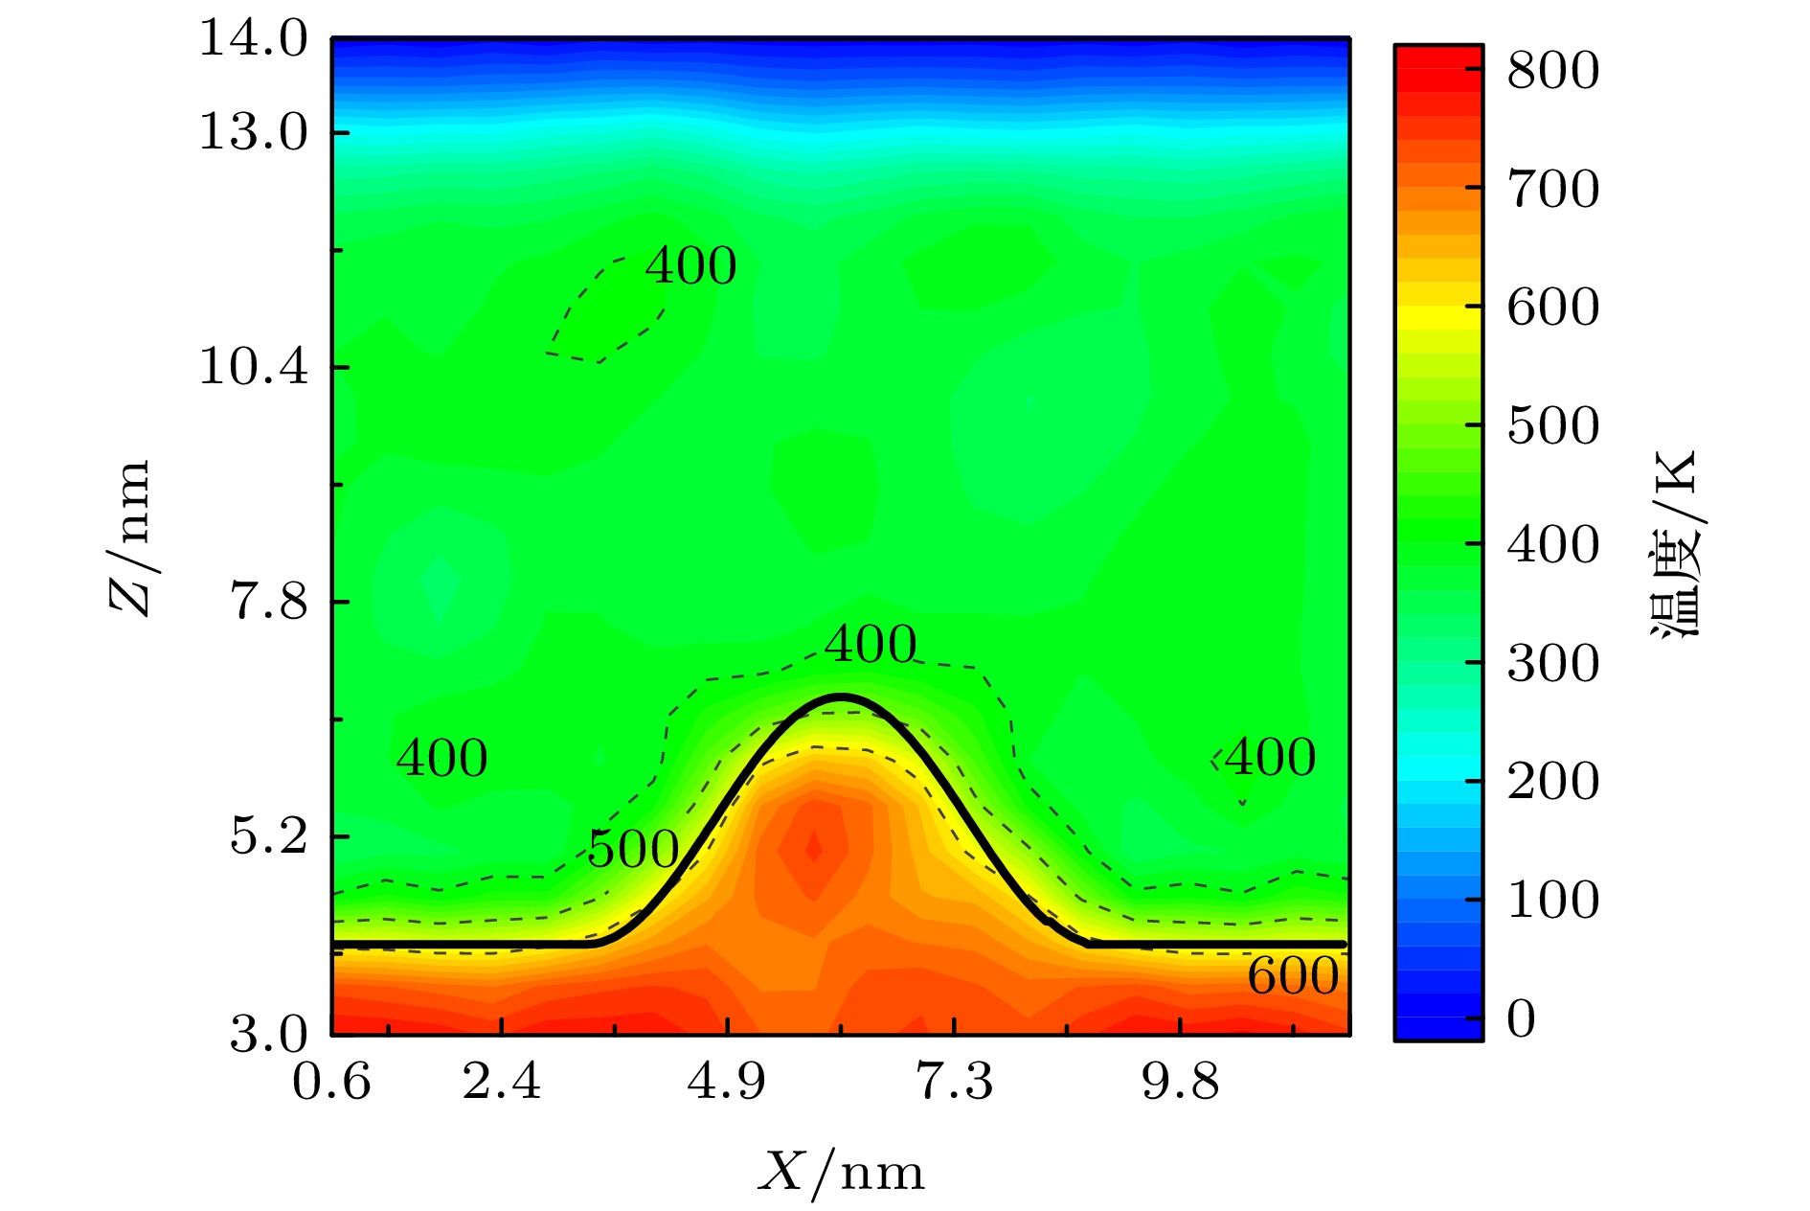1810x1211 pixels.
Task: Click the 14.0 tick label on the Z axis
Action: pyautogui.click(x=253, y=40)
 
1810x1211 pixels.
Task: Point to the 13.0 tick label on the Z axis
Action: pyautogui.click(x=253, y=132)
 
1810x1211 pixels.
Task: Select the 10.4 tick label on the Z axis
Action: pyautogui.click(x=253, y=367)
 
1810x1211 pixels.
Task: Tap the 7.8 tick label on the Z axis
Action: pyautogui.click(x=268, y=602)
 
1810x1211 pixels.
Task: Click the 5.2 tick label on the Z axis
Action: pyautogui.click(x=268, y=836)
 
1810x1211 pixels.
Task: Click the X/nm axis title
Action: pyautogui.click(x=842, y=1172)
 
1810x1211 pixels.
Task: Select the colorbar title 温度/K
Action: pyautogui.click(x=1675, y=542)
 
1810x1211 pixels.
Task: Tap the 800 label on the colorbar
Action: pyautogui.click(x=1552, y=71)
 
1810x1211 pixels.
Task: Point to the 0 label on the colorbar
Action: pyautogui.click(x=1521, y=1018)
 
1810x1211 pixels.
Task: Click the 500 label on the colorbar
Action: pyautogui.click(x=1552, y=426)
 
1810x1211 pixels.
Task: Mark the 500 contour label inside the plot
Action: pyautogui.click(x=633, y=850)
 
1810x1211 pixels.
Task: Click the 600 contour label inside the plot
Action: pyautogui.click(x=1293, y=976)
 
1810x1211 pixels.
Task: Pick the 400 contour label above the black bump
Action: pyautogui.click(x=871, y=644)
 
